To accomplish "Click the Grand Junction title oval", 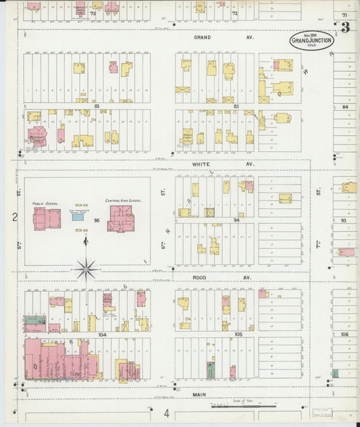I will click(x=311, y=41).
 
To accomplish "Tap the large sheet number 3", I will click(x=345, y=28).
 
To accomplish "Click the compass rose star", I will click(x=86, y=270).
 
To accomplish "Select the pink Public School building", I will click(x=47, y=218).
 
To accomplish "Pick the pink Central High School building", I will click(x=120, y=218).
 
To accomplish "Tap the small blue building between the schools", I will click(x=78, y=217).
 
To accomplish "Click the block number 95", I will click(x=97, y=220).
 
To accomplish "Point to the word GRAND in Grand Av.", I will click(x=202, y=37).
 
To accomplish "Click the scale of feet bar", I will click(x=243, y=407).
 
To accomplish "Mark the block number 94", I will click(x=236, y=220).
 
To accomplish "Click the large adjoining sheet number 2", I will click(x=14, y=217).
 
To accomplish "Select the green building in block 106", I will click(x=335, y=373).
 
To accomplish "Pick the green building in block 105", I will click(x=211, y=370).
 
